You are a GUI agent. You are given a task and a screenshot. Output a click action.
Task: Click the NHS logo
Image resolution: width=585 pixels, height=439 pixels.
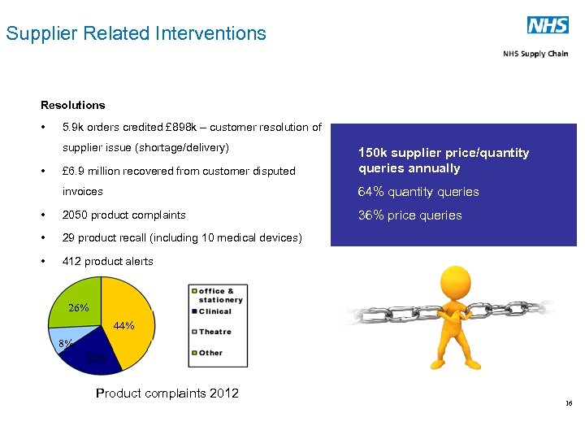point(548,25)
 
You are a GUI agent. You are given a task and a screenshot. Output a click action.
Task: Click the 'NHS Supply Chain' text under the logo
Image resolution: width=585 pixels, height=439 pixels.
point(535,54)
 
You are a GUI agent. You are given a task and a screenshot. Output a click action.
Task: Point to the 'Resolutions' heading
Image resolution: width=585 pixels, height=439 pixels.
point(73,105)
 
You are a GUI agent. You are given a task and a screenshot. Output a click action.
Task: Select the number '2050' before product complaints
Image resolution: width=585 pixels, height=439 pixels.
point(75,215)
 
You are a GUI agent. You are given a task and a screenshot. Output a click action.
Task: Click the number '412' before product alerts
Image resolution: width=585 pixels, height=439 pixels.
point(71,261)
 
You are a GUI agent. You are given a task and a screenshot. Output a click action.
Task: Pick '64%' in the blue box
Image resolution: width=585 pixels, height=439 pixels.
point(370,192)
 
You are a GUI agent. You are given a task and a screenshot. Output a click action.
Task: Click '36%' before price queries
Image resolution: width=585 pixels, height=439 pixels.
point(370,215)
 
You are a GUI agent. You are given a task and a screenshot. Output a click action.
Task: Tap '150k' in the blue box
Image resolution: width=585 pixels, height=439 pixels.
point(373,153)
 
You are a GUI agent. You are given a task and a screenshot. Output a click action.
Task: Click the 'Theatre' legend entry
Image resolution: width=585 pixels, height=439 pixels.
point(214,332)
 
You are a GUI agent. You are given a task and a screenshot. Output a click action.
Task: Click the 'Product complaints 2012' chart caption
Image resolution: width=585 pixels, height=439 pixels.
point(167,393)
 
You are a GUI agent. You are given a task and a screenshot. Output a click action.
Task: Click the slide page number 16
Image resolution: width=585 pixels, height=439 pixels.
point(569,404)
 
